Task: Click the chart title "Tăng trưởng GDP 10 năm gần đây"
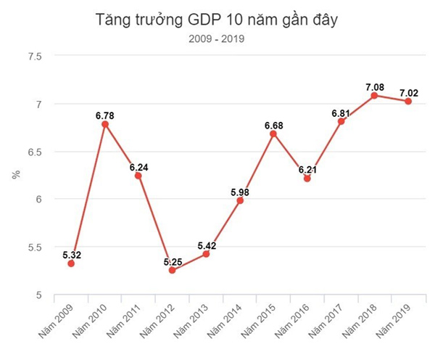click(x=217, y=20)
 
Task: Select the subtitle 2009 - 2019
click(x=217, y=39)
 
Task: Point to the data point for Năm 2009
click(x=71, y=263)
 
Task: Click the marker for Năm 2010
click(x=105, y=124)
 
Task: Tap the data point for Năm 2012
click(x=172, y=270)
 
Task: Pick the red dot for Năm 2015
click(x=273, y=134)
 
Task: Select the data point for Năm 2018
click(x=374, y=95)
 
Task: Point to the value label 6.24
click(x=139, y=167)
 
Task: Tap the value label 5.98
click(x=239, y=192)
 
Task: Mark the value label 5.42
click(x=206, y=245)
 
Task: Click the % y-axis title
click(x=15, y=175)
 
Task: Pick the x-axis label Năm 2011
click(x=123, y=319)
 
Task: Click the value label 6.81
click(x=341, y=113)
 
